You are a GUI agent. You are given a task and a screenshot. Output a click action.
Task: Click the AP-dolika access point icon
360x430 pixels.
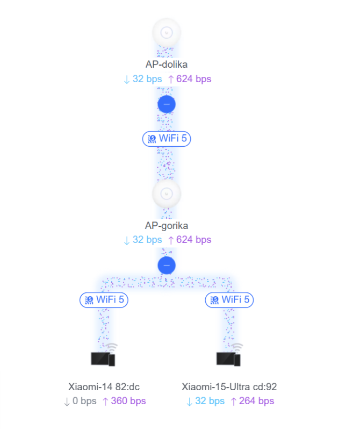pos(167,32)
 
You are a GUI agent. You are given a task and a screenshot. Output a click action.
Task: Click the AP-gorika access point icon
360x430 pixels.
pos(167,193)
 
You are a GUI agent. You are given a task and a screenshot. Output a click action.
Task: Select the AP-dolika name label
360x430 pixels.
pos(167,64)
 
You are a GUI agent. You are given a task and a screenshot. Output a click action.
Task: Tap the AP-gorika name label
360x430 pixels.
pos(167,226)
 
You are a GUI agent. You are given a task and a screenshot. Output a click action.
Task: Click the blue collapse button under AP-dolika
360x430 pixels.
pos(167,104)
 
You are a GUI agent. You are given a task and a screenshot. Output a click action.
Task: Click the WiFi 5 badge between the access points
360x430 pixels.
pos(167,139)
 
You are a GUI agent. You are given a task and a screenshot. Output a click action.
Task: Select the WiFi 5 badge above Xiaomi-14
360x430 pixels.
pos(104,300)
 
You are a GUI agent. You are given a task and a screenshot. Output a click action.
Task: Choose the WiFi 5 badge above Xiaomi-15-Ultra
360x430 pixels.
pos(229,300)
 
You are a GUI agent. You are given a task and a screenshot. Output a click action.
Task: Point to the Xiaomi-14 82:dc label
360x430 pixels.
pos(104,387)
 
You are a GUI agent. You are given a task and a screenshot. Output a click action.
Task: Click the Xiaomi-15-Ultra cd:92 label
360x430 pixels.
pos(229,387)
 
